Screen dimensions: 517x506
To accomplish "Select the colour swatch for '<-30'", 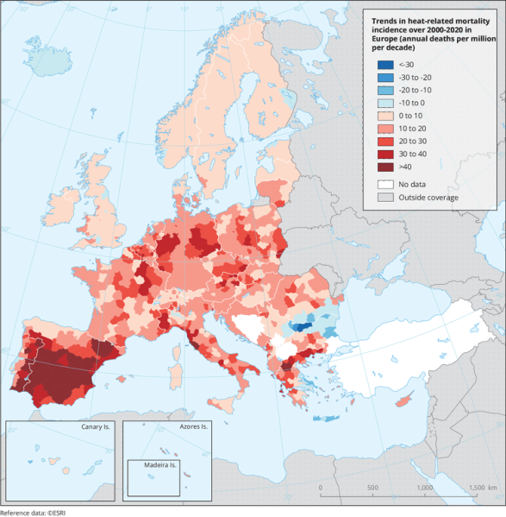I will tap(384, 65).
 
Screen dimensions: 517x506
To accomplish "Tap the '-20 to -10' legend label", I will tap(415, 90).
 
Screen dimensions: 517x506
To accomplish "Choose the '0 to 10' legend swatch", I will tap(384, 115).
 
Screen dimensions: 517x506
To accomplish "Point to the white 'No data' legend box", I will tap(384, 184).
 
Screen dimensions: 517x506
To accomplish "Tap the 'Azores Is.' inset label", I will tap(191, 427).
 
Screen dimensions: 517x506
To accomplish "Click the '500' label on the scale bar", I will tap(372, 488).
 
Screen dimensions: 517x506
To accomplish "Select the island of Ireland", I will tap(62, 207).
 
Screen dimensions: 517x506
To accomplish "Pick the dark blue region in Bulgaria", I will tap(302, 326).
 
